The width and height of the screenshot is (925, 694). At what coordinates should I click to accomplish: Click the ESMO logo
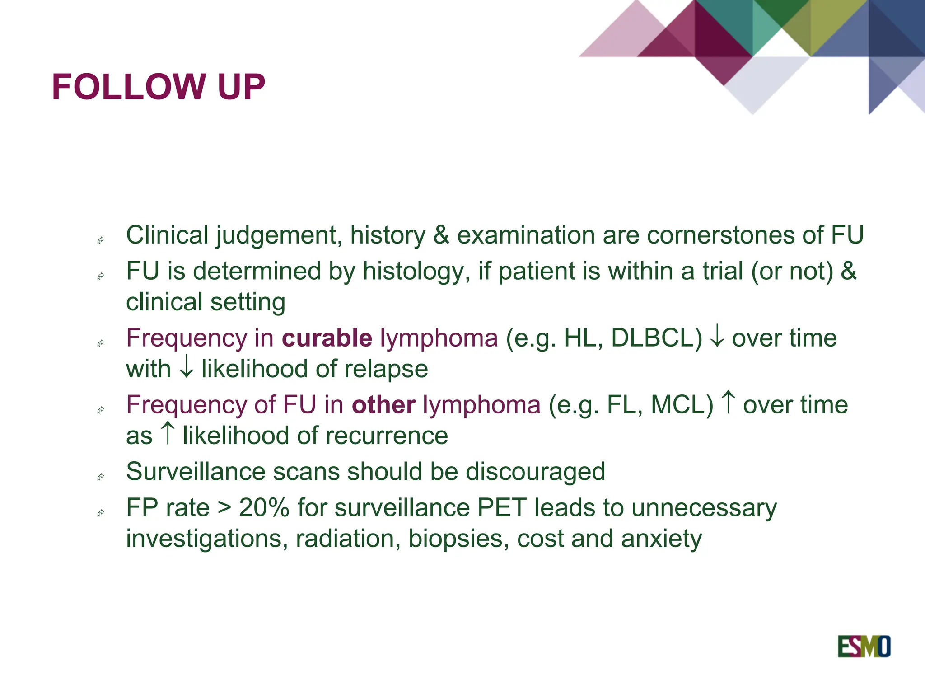864,646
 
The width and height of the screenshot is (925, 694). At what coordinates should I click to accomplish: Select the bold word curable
327,338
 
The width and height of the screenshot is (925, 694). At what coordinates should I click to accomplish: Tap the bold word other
383,405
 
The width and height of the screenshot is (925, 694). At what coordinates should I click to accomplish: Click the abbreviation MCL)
682,405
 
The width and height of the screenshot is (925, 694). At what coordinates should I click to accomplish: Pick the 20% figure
264,507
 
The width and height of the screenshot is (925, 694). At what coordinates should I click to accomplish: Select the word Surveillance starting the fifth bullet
196,472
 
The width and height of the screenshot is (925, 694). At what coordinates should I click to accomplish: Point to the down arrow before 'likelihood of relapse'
186,369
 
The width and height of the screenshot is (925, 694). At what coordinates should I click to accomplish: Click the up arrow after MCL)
728,402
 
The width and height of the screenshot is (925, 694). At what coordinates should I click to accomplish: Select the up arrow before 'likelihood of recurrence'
168,433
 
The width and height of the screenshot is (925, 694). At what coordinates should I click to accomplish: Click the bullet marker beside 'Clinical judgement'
101,240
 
